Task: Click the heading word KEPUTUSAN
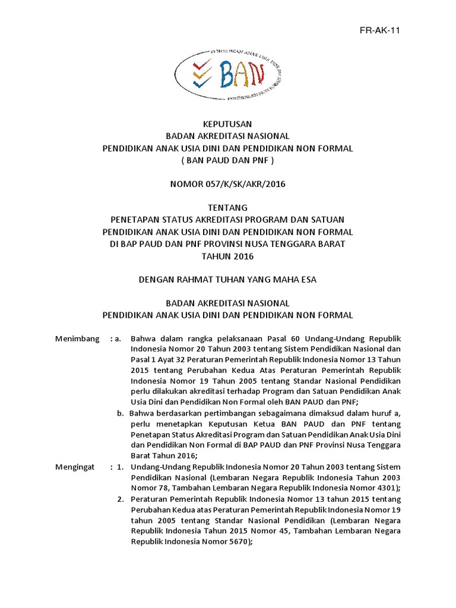(228, 124)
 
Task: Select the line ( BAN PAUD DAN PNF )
(228, 160)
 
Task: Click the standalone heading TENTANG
(228, 208)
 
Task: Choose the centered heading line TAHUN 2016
(228, 256)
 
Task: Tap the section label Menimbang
(77, 338)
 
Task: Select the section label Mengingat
(75, 467)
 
